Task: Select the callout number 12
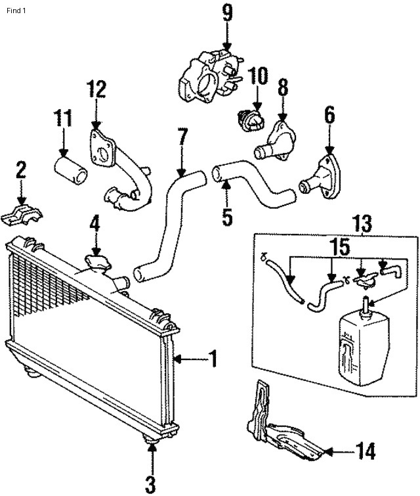tap(96, 90)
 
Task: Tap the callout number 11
tap(63, 120)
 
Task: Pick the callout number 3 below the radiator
tap(151, 485)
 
